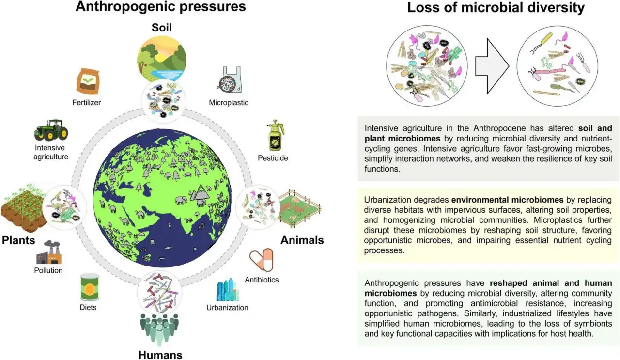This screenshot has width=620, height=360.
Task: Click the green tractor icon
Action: pos(51,130)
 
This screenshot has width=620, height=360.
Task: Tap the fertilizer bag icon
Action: pos(88,81)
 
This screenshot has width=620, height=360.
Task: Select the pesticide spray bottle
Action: pos(276,135)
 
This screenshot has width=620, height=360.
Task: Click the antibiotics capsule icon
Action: pos(262,260)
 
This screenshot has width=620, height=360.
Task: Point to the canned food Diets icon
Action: pos(90,287)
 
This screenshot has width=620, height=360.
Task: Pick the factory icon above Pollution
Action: pos(49,252)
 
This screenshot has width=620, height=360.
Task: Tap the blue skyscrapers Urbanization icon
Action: pos(228,289)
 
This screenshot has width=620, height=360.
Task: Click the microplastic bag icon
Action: pos(229,80)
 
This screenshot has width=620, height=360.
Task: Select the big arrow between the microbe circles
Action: pos(492,66)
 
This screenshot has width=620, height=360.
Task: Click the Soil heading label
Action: pos(162,28)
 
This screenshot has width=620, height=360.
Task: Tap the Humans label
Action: pos(160,355)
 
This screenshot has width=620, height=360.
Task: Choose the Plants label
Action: pos(18,240)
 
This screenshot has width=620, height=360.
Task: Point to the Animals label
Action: pos(302,240)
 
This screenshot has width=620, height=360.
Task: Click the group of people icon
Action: pos(159,329)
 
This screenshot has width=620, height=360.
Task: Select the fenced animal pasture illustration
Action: pos(300,208)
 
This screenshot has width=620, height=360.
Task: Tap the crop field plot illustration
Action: pos(24,208)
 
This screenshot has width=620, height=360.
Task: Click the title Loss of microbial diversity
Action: pos(496,7)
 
